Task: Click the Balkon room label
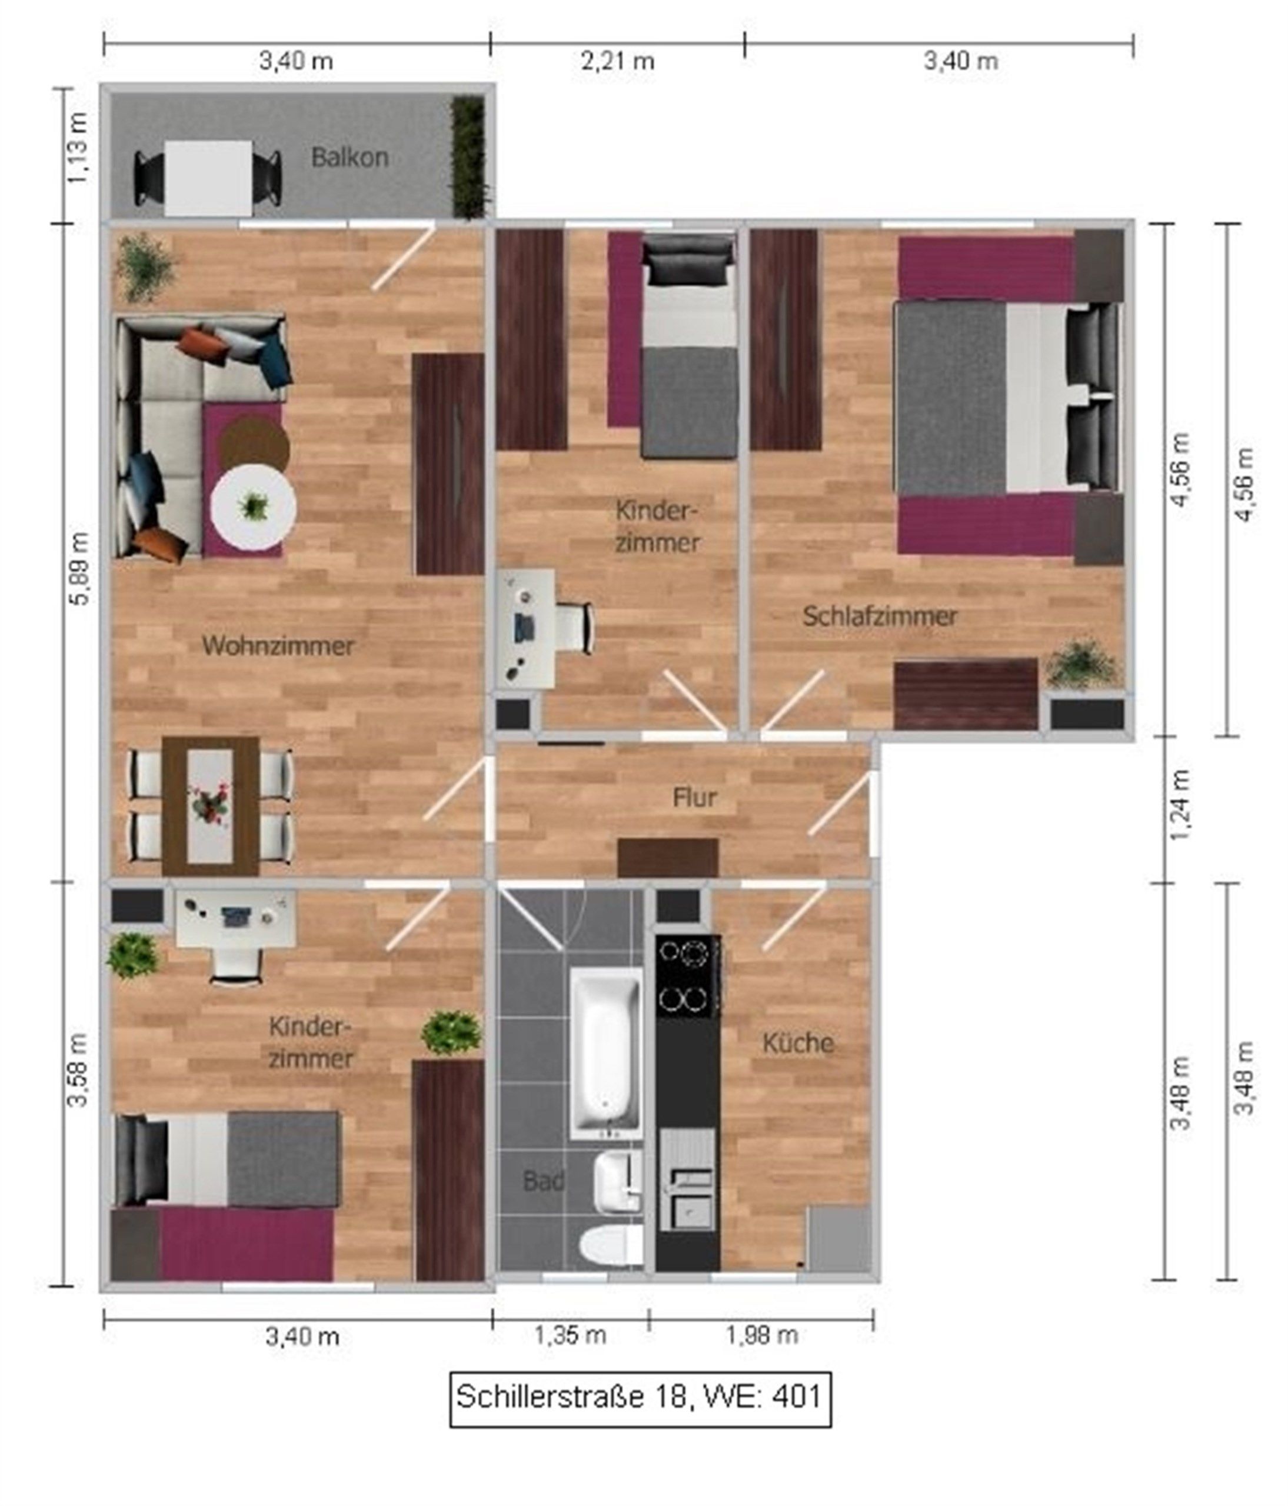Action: coord(349,158)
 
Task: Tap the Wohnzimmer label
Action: coord(278,645)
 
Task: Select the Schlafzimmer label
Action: coord(880,617)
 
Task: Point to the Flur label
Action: coord(695,797)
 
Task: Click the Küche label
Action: coord(797,1043)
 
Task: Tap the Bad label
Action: coord(543,1181)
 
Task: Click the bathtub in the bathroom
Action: coord(606,1053)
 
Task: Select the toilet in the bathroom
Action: coord(611,1244)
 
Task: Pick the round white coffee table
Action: coord(254,507)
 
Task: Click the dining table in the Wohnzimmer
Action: coord(210,806)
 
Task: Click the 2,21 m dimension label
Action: coord(617,61)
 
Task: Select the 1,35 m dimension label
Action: coord(570,1334)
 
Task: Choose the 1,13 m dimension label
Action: coord(77,148)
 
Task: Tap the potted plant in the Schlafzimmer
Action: coord(1082,664)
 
